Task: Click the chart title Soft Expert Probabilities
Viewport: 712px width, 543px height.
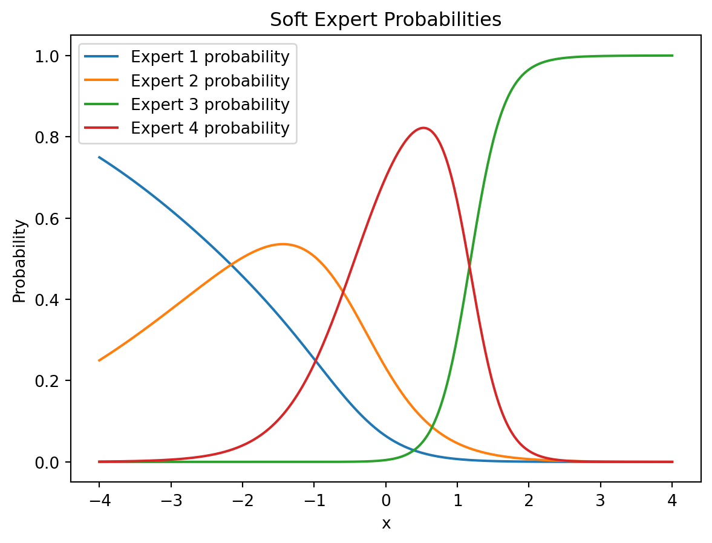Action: [385, 19]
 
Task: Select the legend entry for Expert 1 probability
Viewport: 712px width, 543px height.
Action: [187, 57]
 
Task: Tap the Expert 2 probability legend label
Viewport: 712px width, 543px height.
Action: [187, 81]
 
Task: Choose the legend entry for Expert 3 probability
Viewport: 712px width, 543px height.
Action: [187, 105]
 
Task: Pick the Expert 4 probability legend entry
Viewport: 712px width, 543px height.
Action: [187, 128]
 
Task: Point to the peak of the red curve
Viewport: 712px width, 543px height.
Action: [423, 128]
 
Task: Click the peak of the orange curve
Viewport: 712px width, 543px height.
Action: [283, 244]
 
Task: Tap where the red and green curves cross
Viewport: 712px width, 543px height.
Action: [469, 266]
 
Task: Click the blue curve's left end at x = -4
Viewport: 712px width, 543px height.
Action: [99, 157]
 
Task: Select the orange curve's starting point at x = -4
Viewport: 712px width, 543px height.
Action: [99, 360]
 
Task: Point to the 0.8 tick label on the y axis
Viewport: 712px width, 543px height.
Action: [47, 137]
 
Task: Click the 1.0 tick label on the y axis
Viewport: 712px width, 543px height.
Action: [47, 56]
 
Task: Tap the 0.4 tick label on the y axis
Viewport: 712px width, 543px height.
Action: [47, 300]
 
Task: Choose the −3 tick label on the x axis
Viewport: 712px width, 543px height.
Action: [171, 501]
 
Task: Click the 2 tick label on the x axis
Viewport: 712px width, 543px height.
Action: [529, 501]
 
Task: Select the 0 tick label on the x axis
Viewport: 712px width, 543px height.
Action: [385, 501]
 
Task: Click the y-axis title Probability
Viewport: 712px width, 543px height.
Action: [19, 261]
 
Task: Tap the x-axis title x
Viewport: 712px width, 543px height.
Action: [386, 524]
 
